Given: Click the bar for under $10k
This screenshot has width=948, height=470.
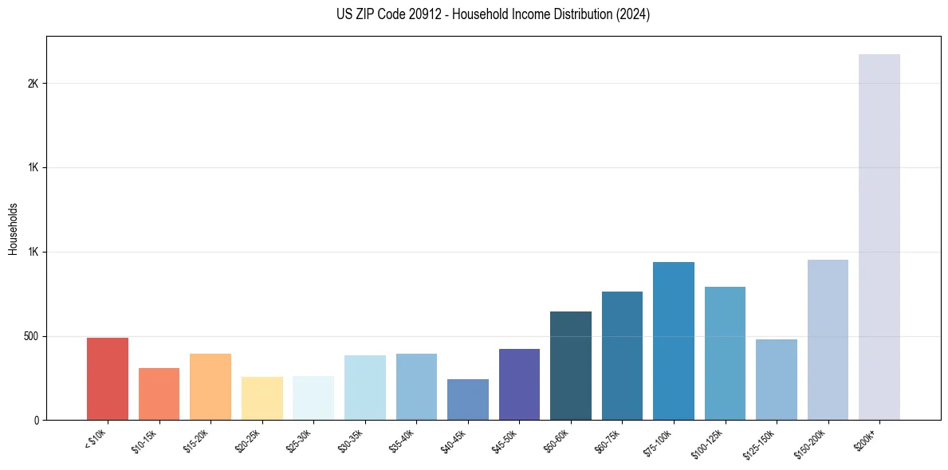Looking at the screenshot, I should point(108,379).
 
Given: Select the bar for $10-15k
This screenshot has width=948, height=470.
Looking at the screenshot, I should point(159,394).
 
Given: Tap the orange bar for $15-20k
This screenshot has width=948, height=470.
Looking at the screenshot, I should point(210,387).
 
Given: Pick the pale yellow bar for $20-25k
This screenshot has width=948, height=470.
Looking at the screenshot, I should point(262,398).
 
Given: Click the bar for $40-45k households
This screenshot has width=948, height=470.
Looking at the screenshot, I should point(468,400).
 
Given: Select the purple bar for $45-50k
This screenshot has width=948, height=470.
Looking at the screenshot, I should point(519,385).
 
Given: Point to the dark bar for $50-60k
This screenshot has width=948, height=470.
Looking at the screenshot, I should point(571,366).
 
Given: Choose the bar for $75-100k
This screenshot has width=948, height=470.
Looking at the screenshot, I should point(674,341).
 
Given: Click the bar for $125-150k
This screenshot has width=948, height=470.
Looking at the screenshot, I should point(777,380).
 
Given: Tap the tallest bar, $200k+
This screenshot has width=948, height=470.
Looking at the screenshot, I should point(879,237).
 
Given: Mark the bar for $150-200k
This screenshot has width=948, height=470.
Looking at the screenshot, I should point(828,340).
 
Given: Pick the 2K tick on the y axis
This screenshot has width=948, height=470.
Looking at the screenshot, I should point(33,84).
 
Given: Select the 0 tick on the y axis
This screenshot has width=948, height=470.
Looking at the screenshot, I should point(36,421).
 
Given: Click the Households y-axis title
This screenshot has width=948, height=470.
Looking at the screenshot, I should point(13,228).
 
